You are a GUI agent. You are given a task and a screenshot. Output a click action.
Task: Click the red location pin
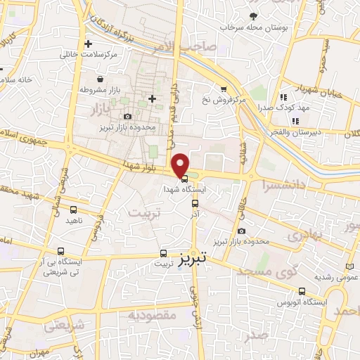point(181,165)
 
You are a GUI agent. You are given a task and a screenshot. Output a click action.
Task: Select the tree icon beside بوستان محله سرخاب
point(252,15)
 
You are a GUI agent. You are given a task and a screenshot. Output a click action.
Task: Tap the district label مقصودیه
point(150,315)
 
